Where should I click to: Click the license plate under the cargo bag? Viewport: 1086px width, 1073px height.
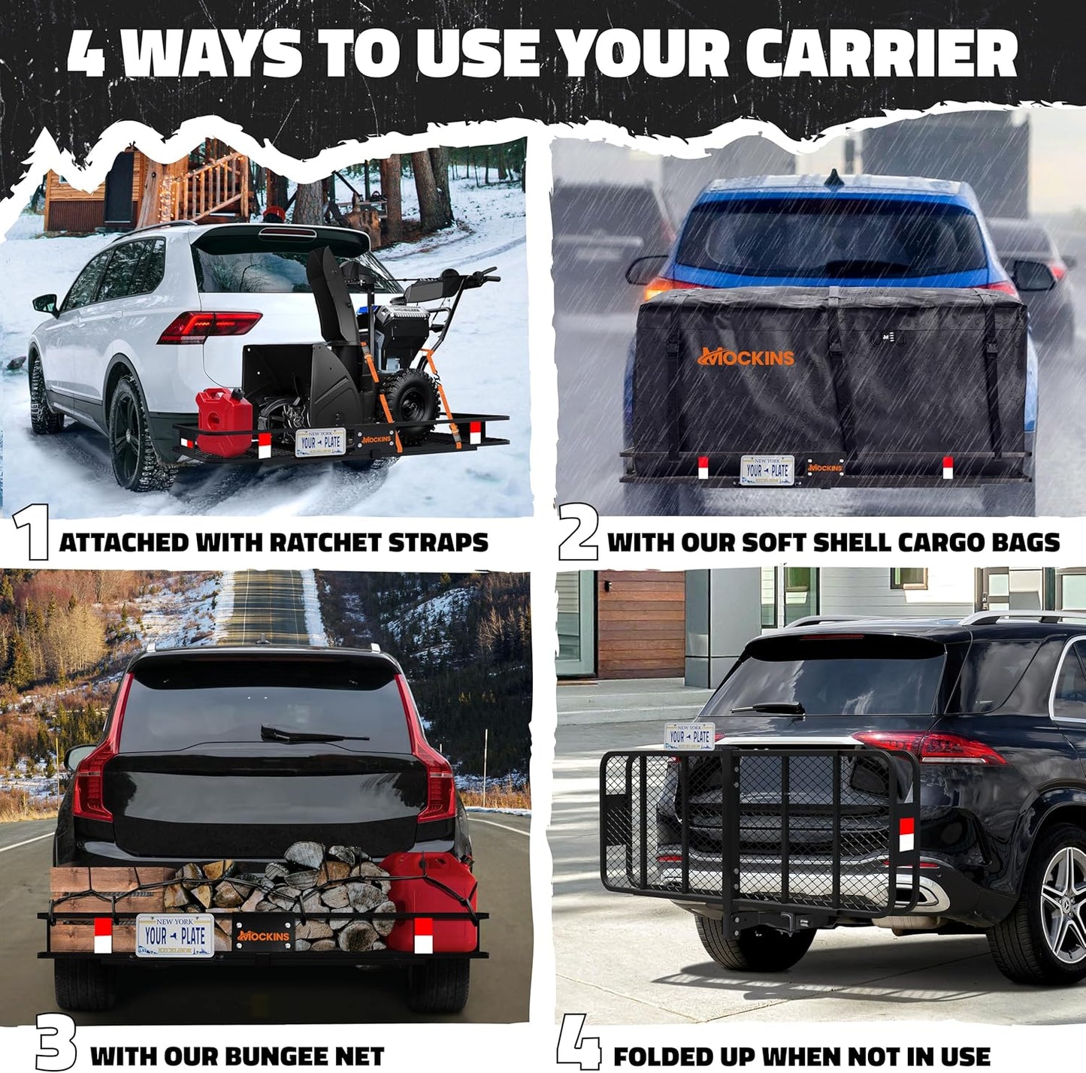tap(767, 470)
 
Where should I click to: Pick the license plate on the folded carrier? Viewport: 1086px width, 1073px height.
tap(688, 736)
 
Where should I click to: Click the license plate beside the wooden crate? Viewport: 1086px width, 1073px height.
tap(174, 935)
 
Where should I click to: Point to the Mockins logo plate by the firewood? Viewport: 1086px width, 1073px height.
tap(263, 935)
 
